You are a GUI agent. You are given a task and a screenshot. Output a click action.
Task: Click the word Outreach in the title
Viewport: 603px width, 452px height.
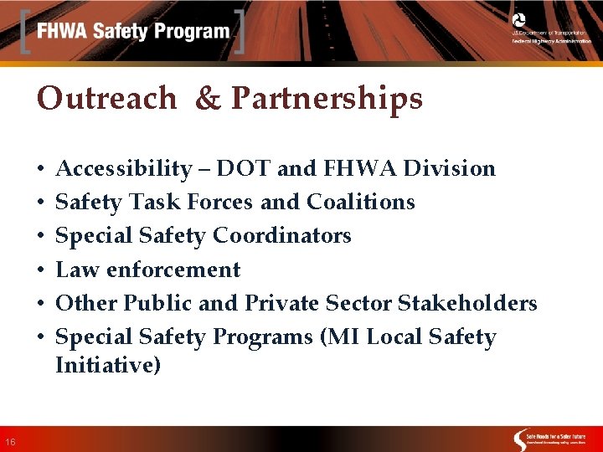click(106, 99)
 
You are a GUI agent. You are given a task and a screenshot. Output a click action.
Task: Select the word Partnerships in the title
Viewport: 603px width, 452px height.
click(327, 99)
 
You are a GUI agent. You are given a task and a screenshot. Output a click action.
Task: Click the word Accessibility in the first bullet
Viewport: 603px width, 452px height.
click(123, 169)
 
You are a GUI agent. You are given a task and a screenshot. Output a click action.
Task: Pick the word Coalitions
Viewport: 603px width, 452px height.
click(361, 203)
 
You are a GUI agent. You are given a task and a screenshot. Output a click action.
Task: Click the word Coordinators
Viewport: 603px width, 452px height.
click(281, 236)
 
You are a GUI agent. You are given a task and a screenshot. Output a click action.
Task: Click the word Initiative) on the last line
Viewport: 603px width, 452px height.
click(108, 366)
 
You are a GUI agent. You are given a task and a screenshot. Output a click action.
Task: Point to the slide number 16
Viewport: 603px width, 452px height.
click(9, 442)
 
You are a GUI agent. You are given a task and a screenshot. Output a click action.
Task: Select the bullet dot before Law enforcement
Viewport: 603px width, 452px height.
click(41, 270)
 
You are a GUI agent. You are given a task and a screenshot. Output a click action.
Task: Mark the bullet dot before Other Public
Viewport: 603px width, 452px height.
click(41, 304)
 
